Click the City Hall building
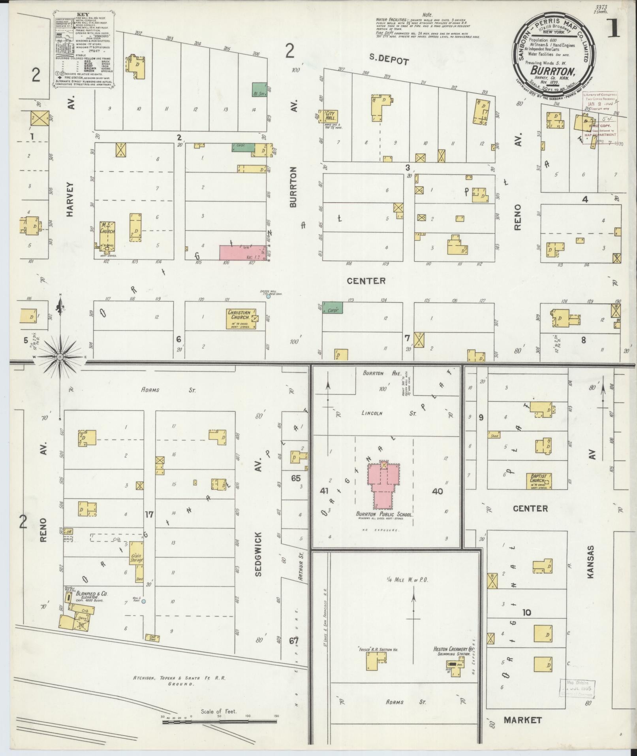pos(330,117)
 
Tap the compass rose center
pos(60,357)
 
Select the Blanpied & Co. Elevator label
pos(92,596)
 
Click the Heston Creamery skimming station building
pos(454,664)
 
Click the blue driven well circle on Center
pos(268,296)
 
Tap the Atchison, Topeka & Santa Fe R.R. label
pos(179,678)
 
